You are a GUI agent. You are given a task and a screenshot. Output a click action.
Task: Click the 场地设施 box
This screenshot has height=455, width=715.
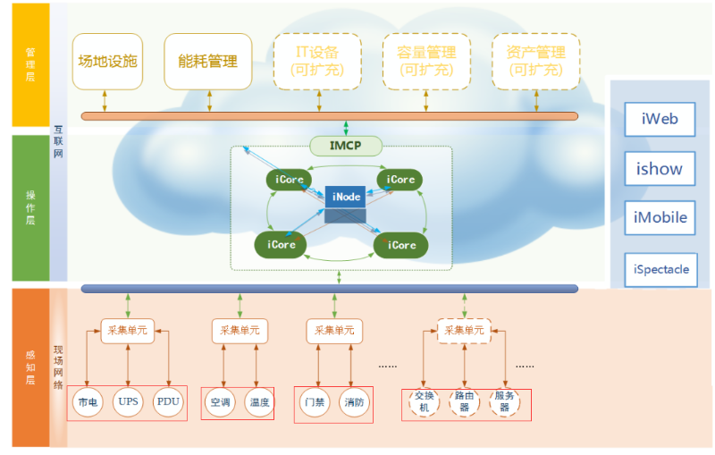click(107, 62)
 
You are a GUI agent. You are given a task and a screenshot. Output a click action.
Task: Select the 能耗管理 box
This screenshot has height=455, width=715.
click(207, 62)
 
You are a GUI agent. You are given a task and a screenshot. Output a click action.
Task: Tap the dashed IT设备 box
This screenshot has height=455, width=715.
click(317, 62)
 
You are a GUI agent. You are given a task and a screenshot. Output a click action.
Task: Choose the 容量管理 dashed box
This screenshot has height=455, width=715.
click(426, 62)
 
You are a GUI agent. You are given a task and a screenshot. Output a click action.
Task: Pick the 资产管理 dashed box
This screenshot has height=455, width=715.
click(535, 62)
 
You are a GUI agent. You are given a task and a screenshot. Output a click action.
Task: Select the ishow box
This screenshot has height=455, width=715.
click(660, 168)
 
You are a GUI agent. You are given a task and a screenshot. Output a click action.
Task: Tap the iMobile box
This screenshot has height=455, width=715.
click(660, 217)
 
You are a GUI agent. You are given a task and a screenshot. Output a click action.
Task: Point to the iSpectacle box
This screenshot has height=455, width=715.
click(661, 269)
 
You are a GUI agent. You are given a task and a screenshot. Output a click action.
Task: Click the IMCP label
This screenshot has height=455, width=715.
click(345, 145)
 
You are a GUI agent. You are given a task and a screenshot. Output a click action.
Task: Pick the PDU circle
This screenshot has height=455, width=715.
click(168, 402)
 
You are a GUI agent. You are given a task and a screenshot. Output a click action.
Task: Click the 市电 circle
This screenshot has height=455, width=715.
click(88, 403)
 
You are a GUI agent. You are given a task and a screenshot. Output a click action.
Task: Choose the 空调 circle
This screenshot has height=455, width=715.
click(220, 403)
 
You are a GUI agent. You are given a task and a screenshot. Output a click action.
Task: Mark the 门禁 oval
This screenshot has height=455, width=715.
click(314, 403)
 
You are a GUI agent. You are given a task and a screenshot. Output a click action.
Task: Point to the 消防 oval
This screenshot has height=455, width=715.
click(353, 403)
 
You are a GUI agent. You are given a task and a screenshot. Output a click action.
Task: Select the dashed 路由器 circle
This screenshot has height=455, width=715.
click(464, 401)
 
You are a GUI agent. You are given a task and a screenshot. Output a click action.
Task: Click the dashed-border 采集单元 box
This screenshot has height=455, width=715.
click(464, 332)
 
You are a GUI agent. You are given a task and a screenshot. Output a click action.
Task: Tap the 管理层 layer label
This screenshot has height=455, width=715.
click(30, 65)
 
